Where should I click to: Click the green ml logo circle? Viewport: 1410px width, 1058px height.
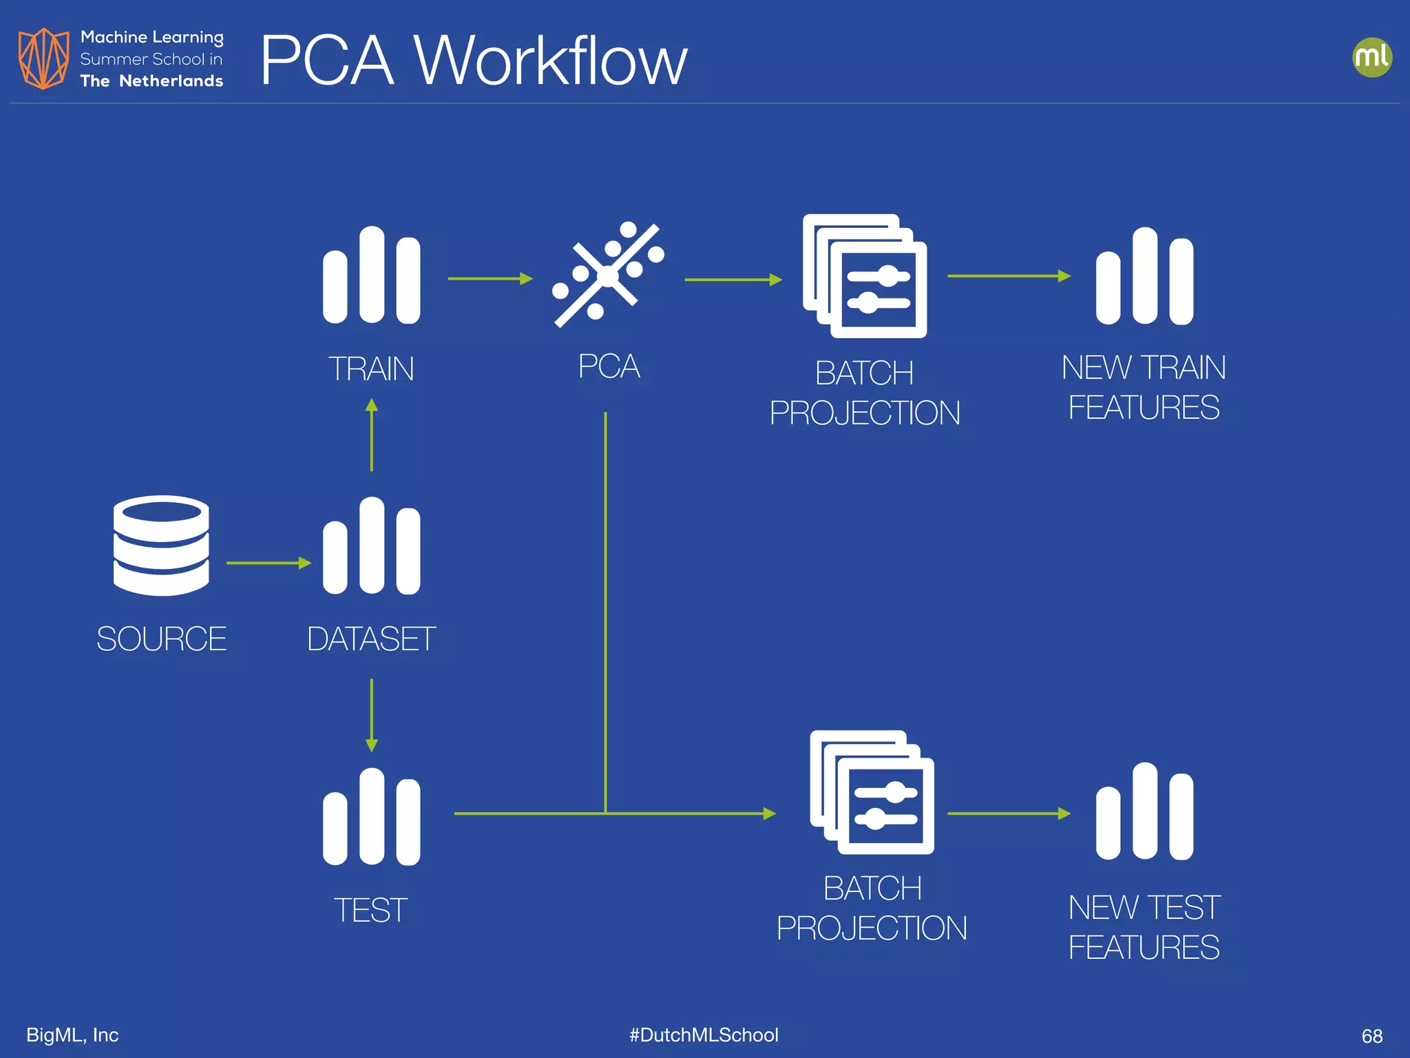coord(1371,57)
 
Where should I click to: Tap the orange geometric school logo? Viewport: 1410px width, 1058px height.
coord(43,59)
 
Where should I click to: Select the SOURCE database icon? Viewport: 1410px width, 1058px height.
coord(161,545)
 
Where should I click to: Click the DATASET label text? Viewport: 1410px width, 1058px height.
coord(371,639)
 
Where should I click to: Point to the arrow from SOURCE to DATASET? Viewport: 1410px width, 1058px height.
coord(268,563)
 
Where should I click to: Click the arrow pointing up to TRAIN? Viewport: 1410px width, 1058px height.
coord(372,435)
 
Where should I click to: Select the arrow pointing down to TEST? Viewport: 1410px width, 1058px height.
coord(372,715)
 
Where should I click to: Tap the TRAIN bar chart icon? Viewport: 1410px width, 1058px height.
coord(372,276)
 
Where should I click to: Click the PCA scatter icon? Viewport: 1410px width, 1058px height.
coord(607,275)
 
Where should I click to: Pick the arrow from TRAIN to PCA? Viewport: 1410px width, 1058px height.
coord(490,278)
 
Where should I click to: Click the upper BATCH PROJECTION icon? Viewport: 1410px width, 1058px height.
coord(865,276)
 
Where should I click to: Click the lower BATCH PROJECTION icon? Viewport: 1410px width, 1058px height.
coord(872,792)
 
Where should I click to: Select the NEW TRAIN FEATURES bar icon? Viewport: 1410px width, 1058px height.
coord(1144,276)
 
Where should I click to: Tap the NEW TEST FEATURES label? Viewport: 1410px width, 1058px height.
coord(1144,926)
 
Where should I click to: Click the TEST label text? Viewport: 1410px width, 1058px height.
coord(370,910)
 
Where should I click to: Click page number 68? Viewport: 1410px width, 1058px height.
coord(1371,1036)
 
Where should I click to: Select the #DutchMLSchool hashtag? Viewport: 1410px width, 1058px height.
coord(704,1035)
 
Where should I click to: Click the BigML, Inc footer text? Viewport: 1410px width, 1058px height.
coord(72,1035)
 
